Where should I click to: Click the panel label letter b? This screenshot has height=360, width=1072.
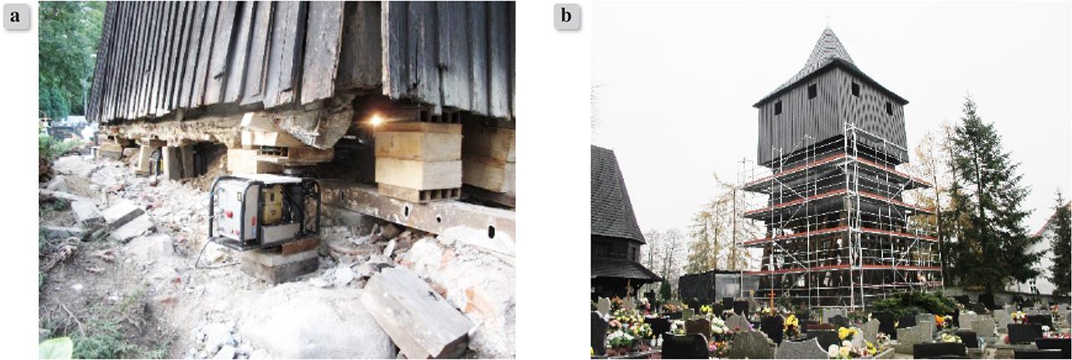[x=567, y=16]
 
